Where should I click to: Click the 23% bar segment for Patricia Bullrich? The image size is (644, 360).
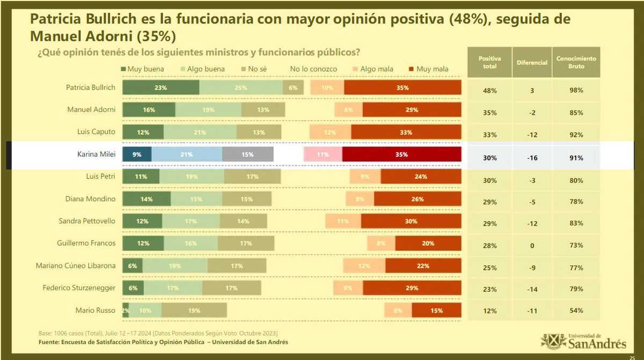coord(160,88)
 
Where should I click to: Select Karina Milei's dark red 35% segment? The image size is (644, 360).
coord(401,155)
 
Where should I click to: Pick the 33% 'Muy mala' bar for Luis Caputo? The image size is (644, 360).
coord(406,133)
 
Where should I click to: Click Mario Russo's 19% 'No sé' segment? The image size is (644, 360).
coord(194,310)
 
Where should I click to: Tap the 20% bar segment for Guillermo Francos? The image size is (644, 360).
coord(428,244)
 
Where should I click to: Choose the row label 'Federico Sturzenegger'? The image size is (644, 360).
coord(79,288)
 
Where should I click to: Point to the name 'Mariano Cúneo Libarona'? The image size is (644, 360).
coord(76,266)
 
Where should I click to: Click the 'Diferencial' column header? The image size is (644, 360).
coord(532,63)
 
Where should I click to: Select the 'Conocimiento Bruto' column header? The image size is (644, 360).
coord(576,62)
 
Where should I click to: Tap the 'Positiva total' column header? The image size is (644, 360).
coord(489,62)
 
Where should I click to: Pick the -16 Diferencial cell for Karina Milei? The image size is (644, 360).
coord(532,158)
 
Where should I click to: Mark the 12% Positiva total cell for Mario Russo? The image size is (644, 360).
coord(489,311)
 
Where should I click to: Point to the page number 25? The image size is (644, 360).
coord(632,356)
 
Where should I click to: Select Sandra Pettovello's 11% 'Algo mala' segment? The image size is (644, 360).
coord(343,221)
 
